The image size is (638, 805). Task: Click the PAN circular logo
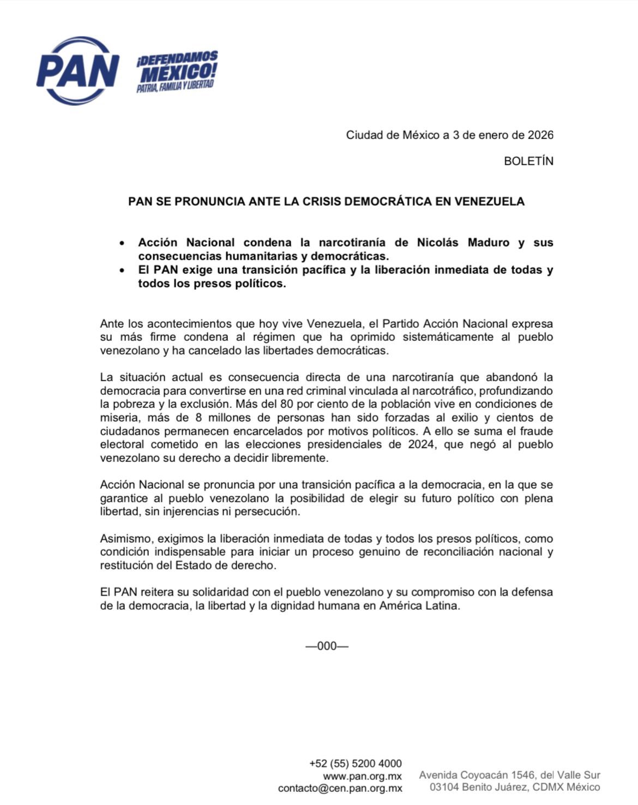77,71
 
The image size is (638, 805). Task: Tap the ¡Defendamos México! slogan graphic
177,71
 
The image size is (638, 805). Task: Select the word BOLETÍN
528,161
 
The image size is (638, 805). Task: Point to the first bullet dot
123,243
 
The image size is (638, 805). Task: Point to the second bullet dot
123,271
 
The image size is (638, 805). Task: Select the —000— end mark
327,646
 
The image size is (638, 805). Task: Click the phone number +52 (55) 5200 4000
355,764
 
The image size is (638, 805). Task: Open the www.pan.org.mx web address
362,776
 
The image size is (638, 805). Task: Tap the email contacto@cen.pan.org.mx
340,788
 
